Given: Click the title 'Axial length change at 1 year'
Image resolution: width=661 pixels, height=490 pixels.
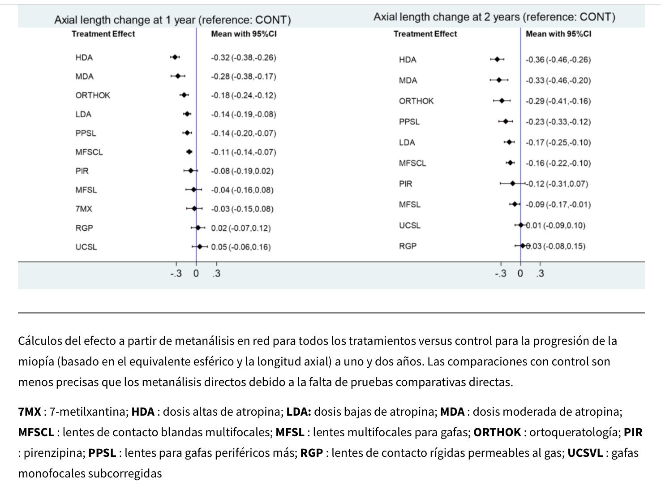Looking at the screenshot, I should click(172, 20).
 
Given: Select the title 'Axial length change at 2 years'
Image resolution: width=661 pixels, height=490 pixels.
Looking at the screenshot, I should click(494, 17).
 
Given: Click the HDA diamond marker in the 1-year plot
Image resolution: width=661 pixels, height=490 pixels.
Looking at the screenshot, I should click(175, 57).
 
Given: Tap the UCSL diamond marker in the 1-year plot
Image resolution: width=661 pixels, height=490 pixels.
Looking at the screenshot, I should click(200, 247).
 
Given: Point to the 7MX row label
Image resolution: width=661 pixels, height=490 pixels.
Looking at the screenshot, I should click(84, 209).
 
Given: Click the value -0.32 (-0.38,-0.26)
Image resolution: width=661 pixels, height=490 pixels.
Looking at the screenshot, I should click(244, 57).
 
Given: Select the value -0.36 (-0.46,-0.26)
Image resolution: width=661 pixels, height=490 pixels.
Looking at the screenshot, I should click(558, 60).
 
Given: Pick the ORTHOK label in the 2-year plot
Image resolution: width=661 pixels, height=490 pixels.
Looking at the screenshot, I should click(416, 101).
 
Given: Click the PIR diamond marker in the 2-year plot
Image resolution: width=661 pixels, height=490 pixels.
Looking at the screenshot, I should click(513, 184).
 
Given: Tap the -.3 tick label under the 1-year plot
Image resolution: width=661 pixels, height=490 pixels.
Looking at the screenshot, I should click(176, 273).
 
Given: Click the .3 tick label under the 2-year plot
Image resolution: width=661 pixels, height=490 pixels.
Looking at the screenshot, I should click(540, 273).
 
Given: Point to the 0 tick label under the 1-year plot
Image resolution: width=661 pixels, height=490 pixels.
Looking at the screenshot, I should click(196, 273).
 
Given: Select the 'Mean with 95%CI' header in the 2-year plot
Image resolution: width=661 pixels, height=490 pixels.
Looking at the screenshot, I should click(558, 34).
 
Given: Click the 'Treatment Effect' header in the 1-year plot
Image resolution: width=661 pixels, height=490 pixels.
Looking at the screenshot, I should click(103, 34).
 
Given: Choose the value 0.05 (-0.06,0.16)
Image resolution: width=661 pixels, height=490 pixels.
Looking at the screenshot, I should click(241, 247).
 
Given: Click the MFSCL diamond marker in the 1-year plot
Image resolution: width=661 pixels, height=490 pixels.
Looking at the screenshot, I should click(189, 152).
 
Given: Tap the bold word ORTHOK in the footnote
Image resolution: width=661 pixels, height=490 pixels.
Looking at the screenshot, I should click(497, 432).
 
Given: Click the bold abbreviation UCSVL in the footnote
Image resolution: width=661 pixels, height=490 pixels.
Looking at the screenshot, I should click(585, 453).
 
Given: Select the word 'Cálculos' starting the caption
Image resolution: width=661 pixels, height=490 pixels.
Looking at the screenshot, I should click(39, 341).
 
